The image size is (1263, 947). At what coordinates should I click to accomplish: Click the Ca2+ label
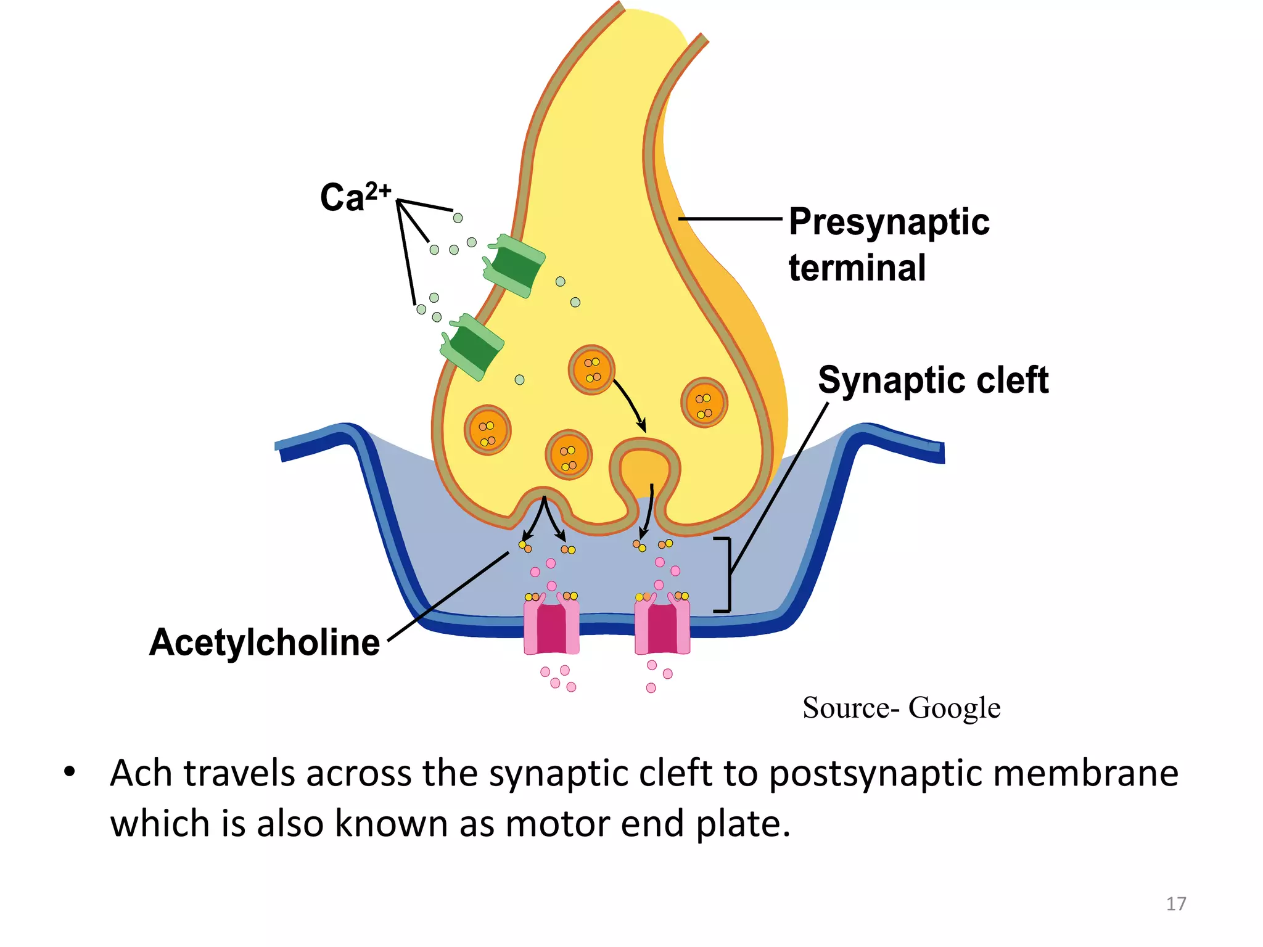click(x=355, y=197)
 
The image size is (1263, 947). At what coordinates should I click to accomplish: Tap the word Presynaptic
click(x=889, y=222)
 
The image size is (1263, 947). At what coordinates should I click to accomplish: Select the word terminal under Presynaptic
click(x=857, y=268)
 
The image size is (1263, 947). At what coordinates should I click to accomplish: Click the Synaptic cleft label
click(x=932, y=380)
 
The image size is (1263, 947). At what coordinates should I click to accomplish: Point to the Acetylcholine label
click(x=265, y=642)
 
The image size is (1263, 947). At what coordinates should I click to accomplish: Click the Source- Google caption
click(x=901, y=708)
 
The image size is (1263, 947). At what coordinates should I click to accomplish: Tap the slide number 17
click(x=1175, y=904)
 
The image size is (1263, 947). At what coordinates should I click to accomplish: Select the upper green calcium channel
click(x=514, y=265)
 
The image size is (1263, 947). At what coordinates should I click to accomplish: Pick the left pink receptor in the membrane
click(x=551, y=628)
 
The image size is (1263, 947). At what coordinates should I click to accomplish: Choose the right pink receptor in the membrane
click(x=662, y=628)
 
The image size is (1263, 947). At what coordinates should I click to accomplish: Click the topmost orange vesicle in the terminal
click(x=591, y=369)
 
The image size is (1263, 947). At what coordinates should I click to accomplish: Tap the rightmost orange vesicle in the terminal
click(x=704, y=403)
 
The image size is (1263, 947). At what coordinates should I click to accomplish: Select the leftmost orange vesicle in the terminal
click(x=487, y=430)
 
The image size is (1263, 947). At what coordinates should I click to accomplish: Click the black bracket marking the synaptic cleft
click(x=728, y=575)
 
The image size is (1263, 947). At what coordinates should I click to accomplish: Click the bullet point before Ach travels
click(x=69, y=772)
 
